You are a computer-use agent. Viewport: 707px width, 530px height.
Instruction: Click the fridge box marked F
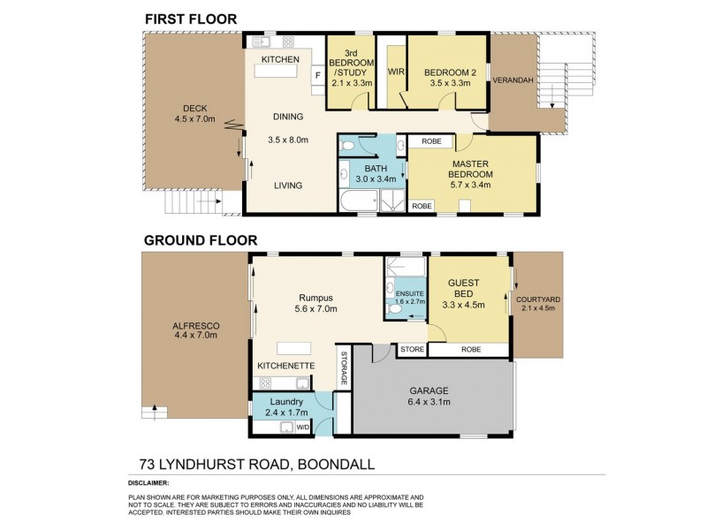pyautogui.click(x=315, y=77)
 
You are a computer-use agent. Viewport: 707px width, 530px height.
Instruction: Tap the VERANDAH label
pyautogui.click(x=513, y=80)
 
